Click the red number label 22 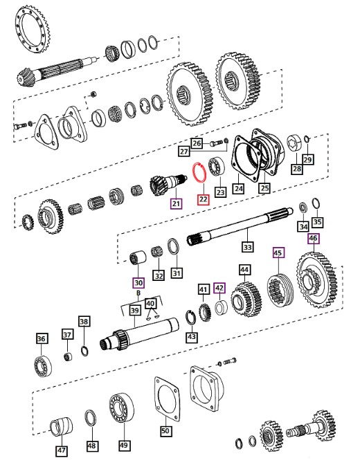(204, 199)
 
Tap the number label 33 (247, 247)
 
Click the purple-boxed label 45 (278, 253)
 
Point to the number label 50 (166, 430)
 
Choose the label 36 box (42, 338)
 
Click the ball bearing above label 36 (42, 366)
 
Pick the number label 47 (62, 450)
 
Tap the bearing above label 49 (121, 408)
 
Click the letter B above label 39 (138, 293)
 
